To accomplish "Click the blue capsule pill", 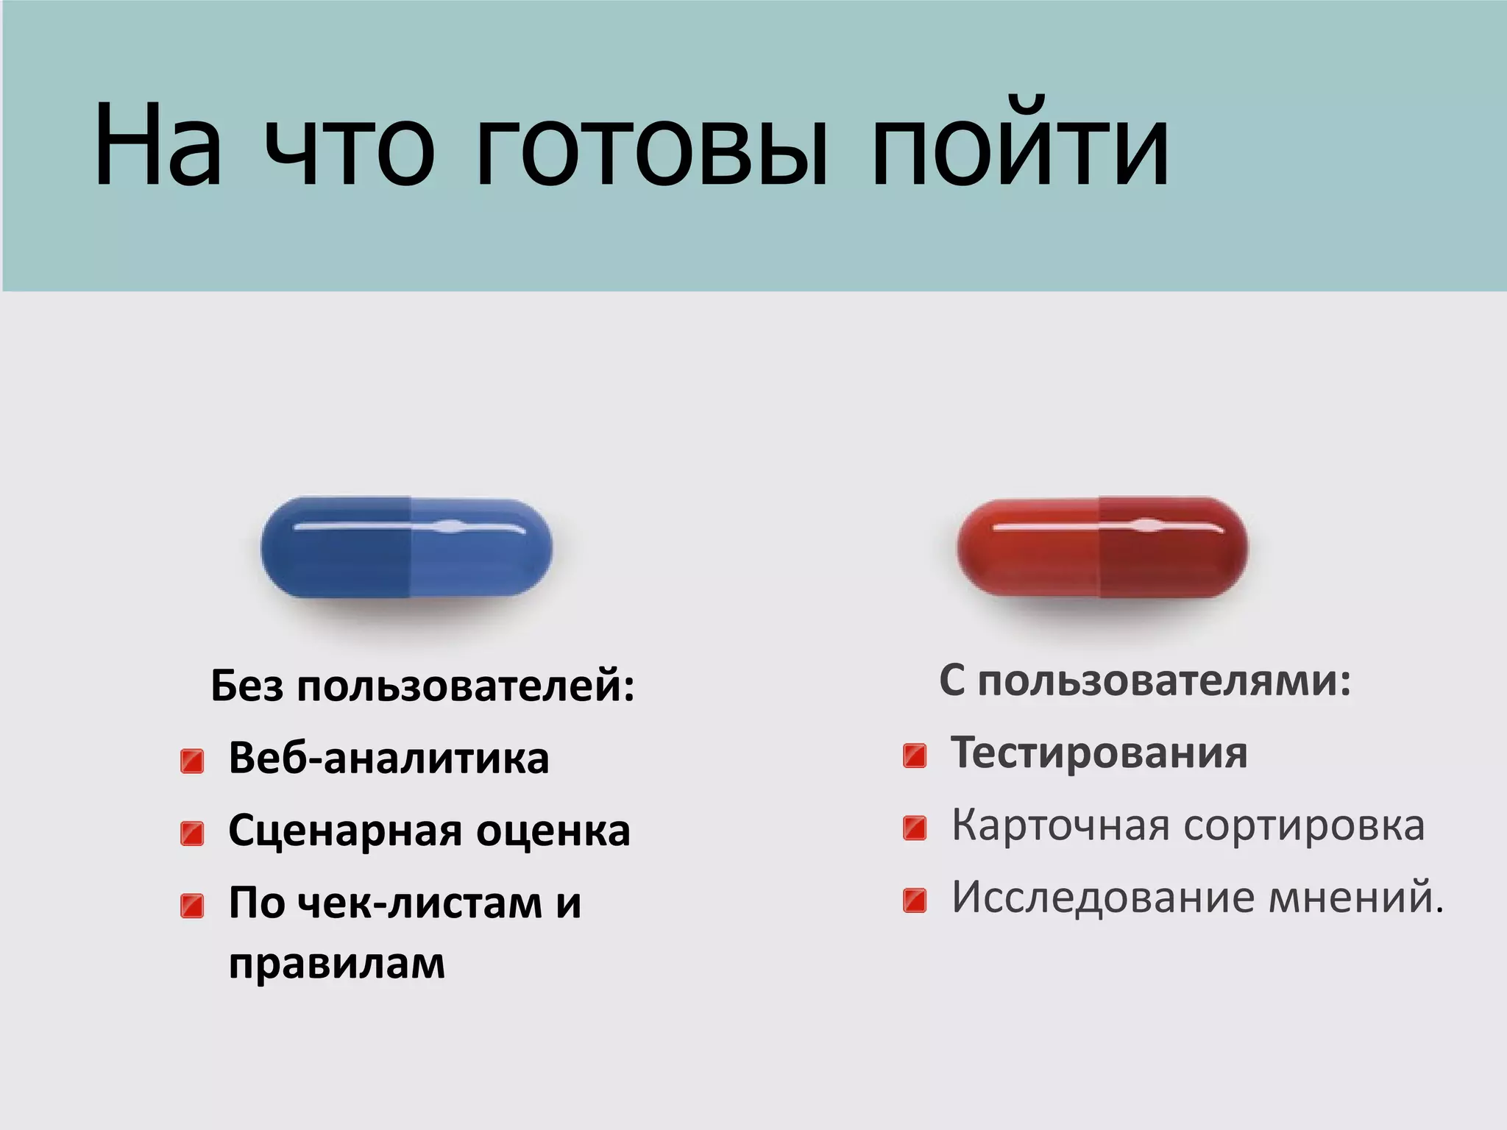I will pos(406,547).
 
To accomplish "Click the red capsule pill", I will pos(1102,547).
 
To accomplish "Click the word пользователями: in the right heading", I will pos(1164,681).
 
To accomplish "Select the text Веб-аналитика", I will pos(389,758).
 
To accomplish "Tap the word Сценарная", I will pos(346,831).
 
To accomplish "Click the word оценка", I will pos(553,831).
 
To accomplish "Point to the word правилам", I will pos(337,963).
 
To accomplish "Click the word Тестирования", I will pos(1099,753).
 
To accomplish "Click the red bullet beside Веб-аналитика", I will pos(192,761).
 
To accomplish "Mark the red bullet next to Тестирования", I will pos(915,756).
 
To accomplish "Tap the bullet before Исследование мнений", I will pos(915,900).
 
